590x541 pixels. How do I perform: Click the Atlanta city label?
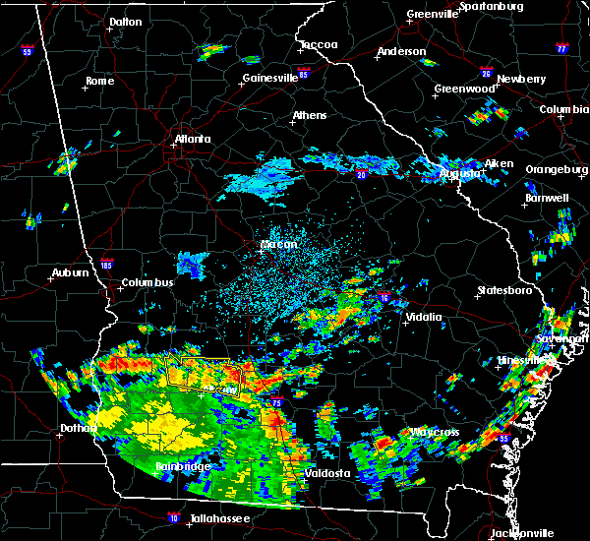tap(193, 139)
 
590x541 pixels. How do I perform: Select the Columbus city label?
tap(147, 283)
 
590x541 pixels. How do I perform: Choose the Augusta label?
tap(459, 174)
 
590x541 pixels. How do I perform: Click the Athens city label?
tap(310, 116)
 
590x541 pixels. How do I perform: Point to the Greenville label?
tap(434, 15)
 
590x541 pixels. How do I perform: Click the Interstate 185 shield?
tap(107, 264)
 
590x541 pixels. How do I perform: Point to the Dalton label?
tap(125, 22)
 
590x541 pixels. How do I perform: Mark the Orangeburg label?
tap(556, 170)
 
